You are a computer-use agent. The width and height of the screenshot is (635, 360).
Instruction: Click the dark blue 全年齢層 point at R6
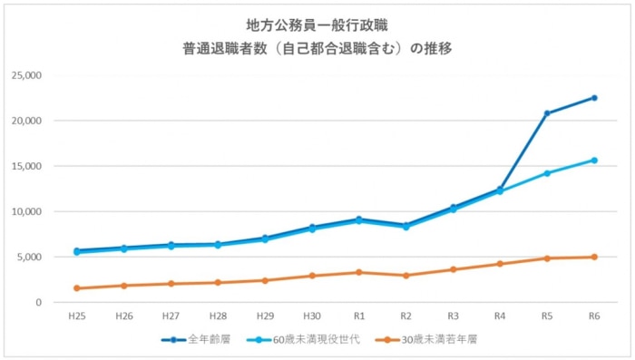pyautogui.click(x=594, y=98)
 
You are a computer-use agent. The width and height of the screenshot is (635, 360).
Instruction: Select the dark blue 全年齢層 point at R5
pyautogui.click(x=547, y=113)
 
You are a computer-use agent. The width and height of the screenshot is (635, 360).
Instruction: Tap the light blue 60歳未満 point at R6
pyautogui.click(x=594, y=161)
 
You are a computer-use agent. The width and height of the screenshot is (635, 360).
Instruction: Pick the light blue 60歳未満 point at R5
pyautogui.click(x=547, y=173)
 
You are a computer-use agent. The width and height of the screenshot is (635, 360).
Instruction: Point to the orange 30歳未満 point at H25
pyautogui.click(x=77, y=288)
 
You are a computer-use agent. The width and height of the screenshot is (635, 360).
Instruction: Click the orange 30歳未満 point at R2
pyautogui.click(x=406, y=276)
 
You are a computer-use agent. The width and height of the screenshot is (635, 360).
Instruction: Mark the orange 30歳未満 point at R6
pyautogui.click(x=594, y=258)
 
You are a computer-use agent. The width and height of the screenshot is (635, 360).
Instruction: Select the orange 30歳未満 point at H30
pyautogui.click(x=312, y=276)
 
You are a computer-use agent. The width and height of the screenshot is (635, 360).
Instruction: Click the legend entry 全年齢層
pyautogui.click(x=196, y=339)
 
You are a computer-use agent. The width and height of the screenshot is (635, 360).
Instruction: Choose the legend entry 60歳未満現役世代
pyautogui.click(x=303, y=339)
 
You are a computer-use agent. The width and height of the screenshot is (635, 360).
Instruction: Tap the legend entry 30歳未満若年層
pyautogui.click(x=426, y=339)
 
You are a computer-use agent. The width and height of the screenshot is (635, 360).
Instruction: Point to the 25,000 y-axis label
pyautogui.click(x=26, y=75)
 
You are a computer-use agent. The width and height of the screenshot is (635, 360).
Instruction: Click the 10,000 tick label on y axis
pyautogui.click(x=26, y=212)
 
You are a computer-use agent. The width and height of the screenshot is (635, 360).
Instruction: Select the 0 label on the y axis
pyautogui.click(x=38, y=303)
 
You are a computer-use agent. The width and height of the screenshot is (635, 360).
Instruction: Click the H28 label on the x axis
pyautogui.click(x=219, y=316)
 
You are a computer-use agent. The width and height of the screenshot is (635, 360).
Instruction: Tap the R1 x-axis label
pyautogui.click(x=359, y=316)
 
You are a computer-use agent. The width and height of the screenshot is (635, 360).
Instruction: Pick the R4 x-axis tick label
pyautogui.click(x=500, y=316)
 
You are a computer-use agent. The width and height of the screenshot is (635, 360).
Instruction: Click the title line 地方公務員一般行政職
pyautogui.click(x=317, y=25)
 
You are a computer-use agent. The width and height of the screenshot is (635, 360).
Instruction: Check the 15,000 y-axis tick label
pyautogui.click(x=26, y=166)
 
